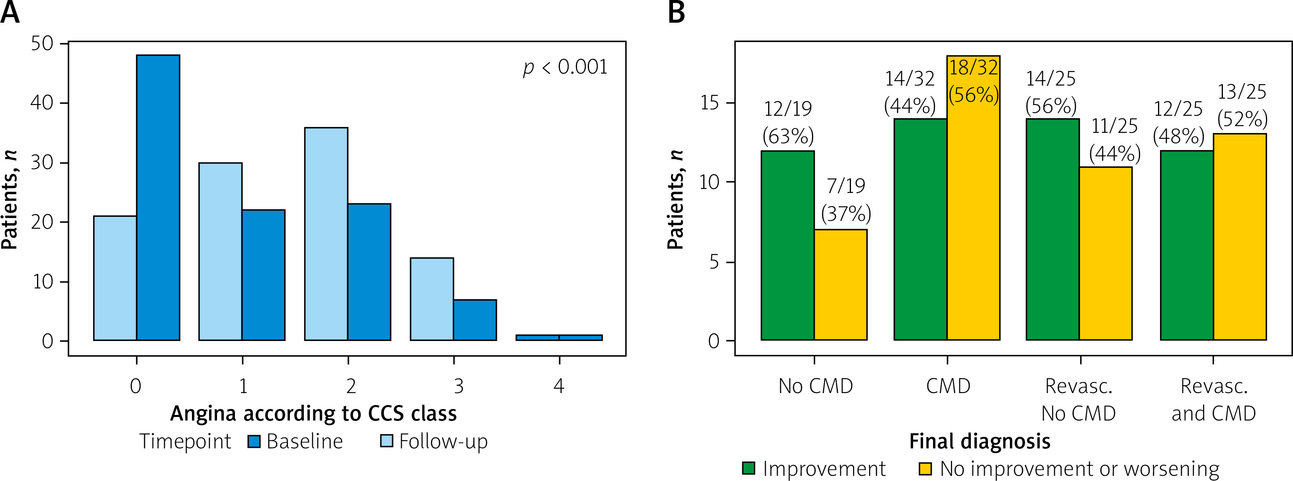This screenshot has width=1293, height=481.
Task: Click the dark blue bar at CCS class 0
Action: point(158,198)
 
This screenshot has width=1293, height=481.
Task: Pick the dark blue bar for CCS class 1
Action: point(264,275)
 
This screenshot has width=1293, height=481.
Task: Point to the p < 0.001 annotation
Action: point(565,67)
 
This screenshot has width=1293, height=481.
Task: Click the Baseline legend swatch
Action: point(254,441)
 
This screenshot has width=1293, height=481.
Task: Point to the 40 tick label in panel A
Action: point(42,103)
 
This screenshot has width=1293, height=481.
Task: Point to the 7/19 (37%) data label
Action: point(846,200)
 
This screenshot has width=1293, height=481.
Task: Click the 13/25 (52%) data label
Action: point(1242,105)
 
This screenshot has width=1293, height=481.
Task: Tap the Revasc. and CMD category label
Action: point(1214,400)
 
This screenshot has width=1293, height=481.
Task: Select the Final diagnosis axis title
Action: point(980,441)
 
